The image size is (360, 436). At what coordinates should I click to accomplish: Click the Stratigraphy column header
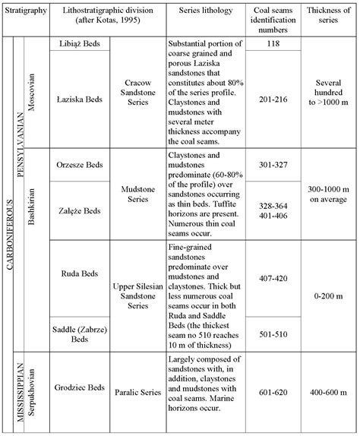click(27, 13)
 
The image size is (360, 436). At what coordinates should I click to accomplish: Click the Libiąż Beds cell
click(80, 44)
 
